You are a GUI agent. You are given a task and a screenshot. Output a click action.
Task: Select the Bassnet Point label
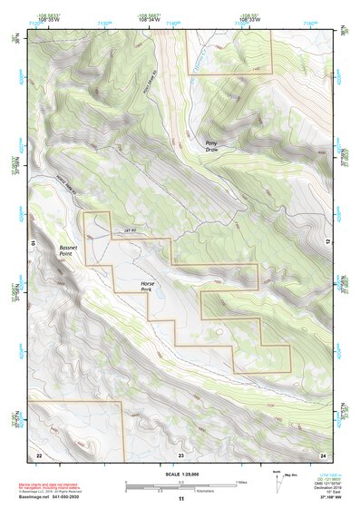tap(61, 251)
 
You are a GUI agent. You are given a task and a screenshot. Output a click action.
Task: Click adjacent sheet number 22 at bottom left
tap(39, 454)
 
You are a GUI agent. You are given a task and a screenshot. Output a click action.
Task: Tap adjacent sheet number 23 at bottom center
tap(180, 454)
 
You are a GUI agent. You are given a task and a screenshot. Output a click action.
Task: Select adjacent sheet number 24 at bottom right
tap(322, 454)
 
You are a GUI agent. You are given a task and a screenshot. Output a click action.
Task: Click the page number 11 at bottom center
tap(180, 499)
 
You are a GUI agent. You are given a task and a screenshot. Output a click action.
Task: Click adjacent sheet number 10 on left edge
tap(32, 243)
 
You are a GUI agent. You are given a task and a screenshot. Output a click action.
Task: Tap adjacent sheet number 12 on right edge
tap(330, 243)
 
